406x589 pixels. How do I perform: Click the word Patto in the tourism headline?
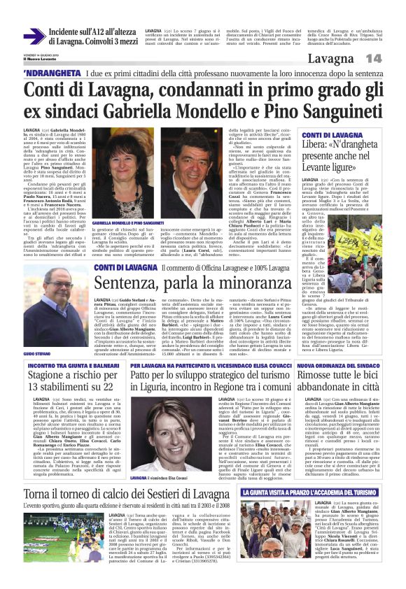(x=143, y=378)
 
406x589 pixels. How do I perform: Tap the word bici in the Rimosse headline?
(x=367, y=378)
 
